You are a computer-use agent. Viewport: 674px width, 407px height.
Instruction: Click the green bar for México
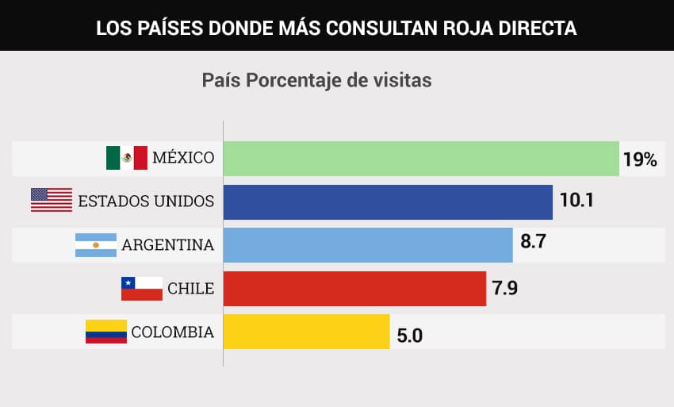420,159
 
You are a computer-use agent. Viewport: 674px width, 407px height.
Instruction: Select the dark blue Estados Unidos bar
388,202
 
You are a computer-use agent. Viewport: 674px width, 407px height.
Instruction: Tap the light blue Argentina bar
368,244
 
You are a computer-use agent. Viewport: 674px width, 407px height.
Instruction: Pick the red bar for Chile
354,288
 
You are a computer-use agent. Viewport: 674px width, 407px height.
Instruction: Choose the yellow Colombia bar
306,331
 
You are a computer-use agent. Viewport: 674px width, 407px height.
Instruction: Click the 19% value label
640,159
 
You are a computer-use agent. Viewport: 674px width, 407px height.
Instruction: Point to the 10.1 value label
577,201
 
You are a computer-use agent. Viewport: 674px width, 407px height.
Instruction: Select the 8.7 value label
534,244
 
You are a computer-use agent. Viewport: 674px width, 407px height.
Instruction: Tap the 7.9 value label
505,287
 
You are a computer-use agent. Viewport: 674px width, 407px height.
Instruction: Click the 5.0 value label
409,335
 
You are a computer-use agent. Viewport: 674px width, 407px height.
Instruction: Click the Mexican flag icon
127,158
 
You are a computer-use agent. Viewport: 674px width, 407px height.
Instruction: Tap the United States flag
51,201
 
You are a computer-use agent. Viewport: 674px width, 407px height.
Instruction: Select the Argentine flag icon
95,244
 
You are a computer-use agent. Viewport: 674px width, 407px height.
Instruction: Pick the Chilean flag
141,288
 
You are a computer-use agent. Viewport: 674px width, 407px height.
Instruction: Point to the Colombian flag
105,332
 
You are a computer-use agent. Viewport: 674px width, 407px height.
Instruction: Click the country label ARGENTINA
168,245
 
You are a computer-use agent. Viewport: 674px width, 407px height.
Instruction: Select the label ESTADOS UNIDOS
146,202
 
